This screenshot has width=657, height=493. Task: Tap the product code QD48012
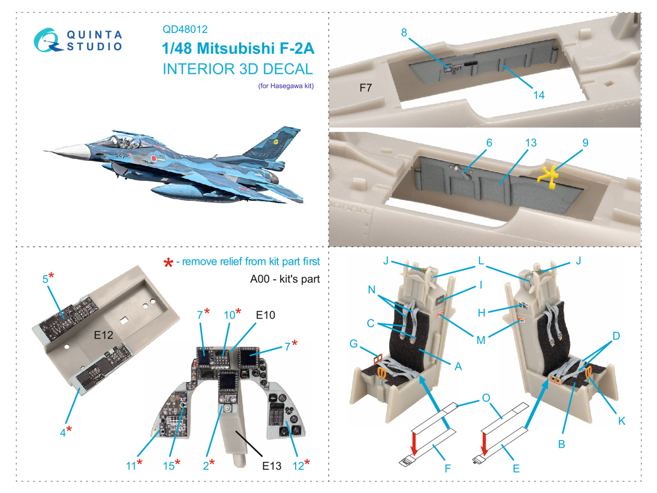(185, 29)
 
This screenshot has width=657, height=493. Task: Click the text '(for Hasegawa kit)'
(286, 86)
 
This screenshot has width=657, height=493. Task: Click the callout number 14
(538, 95)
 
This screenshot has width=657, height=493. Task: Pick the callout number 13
(531, 143)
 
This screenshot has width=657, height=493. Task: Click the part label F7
(365, 88)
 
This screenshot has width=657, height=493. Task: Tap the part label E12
(103, 335)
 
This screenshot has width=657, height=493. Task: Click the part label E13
(271, 466)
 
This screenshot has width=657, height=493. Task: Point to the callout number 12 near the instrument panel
(298, 466)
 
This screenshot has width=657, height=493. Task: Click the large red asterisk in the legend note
(168, 263)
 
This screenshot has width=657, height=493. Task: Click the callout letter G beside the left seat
(353, 343)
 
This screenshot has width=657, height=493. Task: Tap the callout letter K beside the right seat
(621, 421)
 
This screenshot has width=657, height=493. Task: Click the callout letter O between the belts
(486, 398)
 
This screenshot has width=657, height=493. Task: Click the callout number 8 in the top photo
(404, 32)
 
